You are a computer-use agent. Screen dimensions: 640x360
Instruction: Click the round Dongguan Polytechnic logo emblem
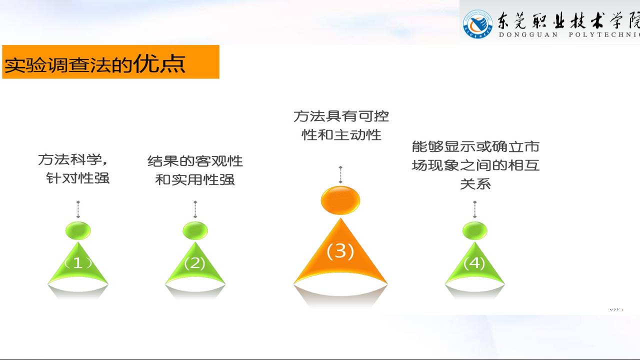point(477,24)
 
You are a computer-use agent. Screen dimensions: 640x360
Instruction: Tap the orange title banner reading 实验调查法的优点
point(110,61)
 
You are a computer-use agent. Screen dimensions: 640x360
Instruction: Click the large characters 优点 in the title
point(159,63)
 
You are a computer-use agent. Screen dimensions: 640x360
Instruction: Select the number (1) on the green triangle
point(77,263)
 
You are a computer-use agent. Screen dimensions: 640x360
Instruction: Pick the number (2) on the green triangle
point(195,263)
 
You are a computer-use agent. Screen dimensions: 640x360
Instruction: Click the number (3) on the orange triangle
point(340,251)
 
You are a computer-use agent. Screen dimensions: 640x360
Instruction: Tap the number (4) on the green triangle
point(474,263)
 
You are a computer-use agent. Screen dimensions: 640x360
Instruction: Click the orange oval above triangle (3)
point(340,200)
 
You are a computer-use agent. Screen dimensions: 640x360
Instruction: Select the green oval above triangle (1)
point(78,230)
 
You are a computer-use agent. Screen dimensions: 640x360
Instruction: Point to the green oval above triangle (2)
point(195,230)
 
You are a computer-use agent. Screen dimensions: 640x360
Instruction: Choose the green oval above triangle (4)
point(474,230)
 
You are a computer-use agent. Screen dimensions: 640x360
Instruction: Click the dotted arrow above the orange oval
point(340,174)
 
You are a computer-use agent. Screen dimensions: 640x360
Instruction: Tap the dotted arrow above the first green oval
point(78,209)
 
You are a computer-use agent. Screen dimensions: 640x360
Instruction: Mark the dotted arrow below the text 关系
point(474,209)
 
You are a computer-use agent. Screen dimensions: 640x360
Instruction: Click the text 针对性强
point(77,178)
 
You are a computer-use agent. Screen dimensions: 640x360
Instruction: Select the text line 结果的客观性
point(195,161)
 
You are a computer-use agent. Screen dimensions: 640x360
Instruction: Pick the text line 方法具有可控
point(341,116)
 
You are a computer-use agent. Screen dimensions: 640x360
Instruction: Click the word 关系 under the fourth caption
point(475,184)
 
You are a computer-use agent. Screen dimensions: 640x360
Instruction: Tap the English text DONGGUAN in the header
point(528,35)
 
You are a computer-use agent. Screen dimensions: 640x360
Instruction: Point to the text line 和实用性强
point(195,179)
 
